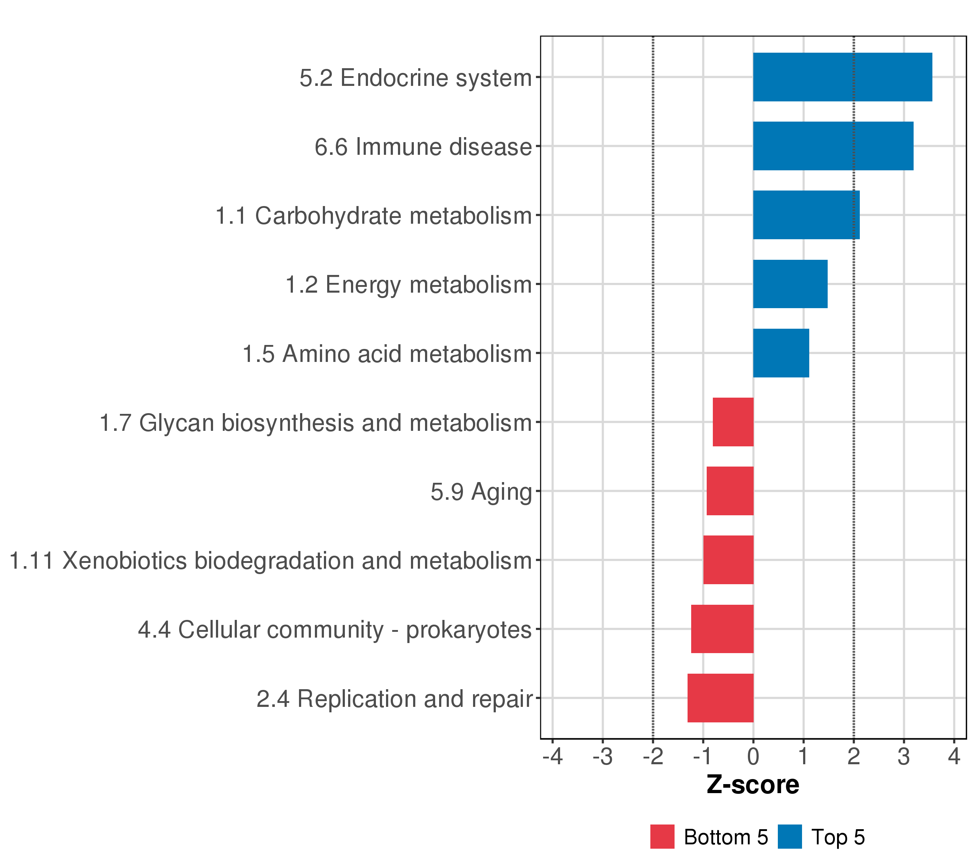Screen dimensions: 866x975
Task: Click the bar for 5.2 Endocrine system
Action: (x=842, y=77)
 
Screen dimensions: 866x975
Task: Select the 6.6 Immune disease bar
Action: (x=833, y=146)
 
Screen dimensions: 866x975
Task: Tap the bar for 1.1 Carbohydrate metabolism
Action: (x=806, y=215)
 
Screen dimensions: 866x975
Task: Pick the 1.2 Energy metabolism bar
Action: (x=790, y=284)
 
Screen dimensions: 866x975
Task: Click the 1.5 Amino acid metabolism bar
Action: (x=781, y=353)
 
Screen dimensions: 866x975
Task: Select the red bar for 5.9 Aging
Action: (x=730, y=491)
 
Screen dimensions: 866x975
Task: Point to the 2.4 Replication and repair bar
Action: (x=720, y=698)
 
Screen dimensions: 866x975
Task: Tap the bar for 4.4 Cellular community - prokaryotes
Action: (x=722, y=629)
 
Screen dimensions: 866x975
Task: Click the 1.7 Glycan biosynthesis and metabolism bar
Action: (x=733, y=422)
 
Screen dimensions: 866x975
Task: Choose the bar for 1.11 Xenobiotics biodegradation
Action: (x=728, y=560)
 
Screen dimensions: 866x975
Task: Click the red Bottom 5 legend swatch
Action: (x=662, y=836)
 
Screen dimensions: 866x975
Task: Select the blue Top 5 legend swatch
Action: (x=789, y=836)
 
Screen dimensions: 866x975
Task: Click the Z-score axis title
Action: (x=753, y=785)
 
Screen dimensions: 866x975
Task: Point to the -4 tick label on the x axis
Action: (x=552, y=756)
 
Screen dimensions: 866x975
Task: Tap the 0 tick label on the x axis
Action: (x=753, y=756)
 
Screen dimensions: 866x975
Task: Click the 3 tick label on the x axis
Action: (x=904, y=756)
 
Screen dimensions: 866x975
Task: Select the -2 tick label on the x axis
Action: (x=653, y=756)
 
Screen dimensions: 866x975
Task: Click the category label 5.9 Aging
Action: (x=481, y=492)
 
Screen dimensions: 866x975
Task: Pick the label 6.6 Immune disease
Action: (x=423, y=147)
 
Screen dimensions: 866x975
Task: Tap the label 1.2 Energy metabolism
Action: (x=408, y=285)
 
